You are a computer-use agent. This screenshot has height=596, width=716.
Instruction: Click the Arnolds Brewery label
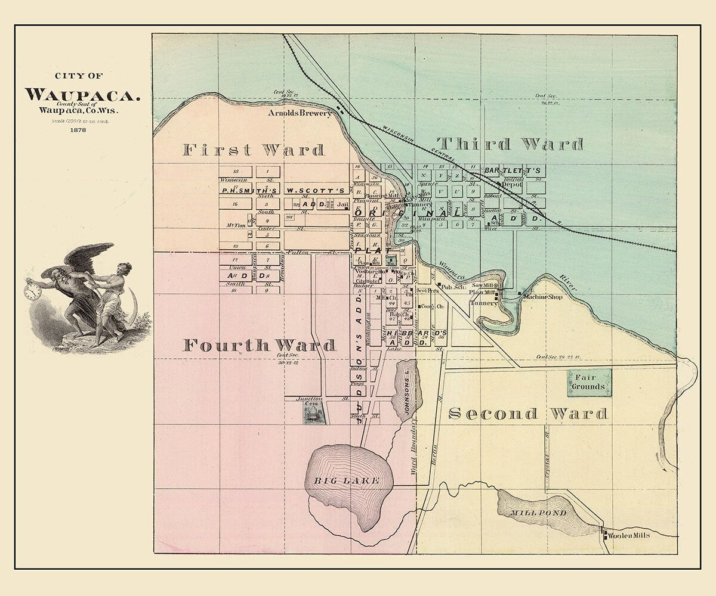[x=299, y=113]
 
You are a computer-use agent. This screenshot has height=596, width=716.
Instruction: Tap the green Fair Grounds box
[x=589, y=382]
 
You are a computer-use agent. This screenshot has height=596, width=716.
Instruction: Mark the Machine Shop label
[x=542, y=297]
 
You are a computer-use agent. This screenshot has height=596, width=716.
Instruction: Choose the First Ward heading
[x=253, y=150]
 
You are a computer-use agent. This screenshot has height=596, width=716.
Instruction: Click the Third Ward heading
[x=510, y=144]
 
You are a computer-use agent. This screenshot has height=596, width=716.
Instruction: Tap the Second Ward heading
[x=527, y=414]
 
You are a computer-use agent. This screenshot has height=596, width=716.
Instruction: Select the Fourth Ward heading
[x=259, y=345]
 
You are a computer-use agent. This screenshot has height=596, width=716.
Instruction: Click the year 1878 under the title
[x=76, y=130]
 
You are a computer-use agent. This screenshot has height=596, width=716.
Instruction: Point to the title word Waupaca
[x=82, y=94]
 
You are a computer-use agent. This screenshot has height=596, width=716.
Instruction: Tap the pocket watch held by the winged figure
[x=33, y=291]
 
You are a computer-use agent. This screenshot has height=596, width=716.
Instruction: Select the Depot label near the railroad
[x=511, y=185]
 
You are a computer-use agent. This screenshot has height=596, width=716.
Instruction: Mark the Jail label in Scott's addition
[x=342, y=204]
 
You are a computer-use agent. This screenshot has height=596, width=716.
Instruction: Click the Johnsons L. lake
[x=407, y=390]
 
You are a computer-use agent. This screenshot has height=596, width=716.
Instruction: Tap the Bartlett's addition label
[x=512, y=170]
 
